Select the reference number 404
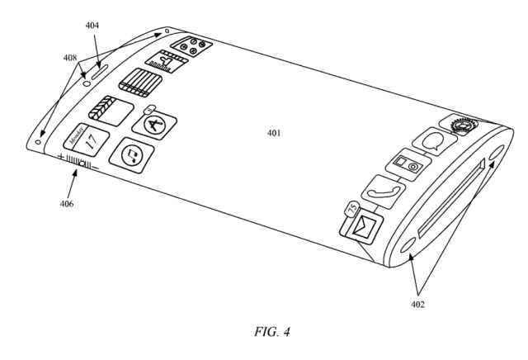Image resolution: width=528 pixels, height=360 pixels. pyautogui.click(x=92, y=26)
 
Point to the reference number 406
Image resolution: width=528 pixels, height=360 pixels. pyautogui.click(x=67, y=203)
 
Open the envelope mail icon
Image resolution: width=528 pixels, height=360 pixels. pyautogui.click(x=363, y=225)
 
